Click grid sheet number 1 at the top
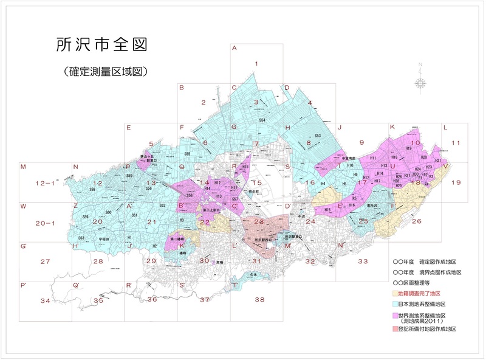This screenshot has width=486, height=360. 257,63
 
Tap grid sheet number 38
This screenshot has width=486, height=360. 260,299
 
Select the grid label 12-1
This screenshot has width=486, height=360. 45,182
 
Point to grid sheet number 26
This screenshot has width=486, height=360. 417,221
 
